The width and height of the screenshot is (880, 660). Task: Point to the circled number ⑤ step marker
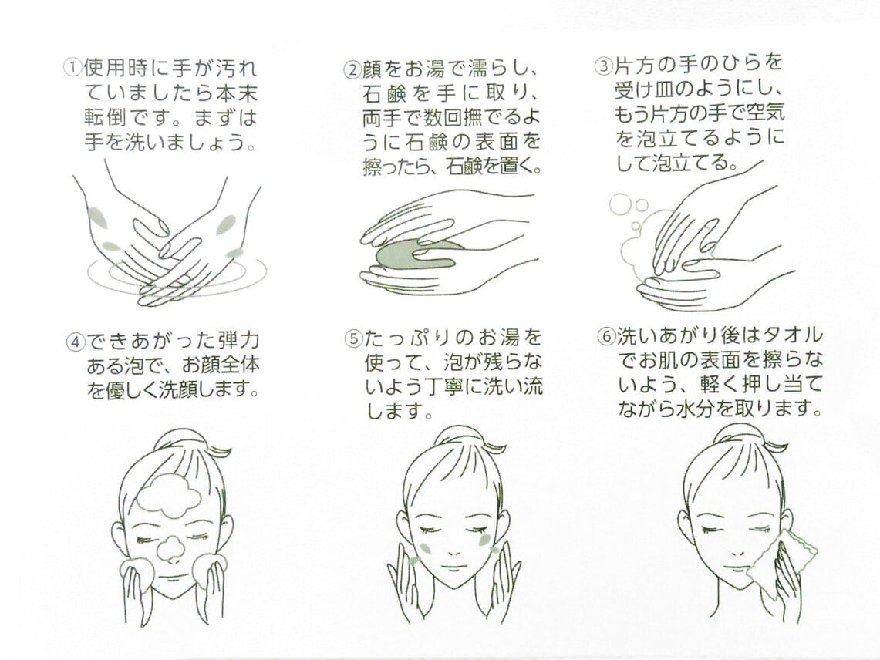pyautogui.click(x=352, y=339)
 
